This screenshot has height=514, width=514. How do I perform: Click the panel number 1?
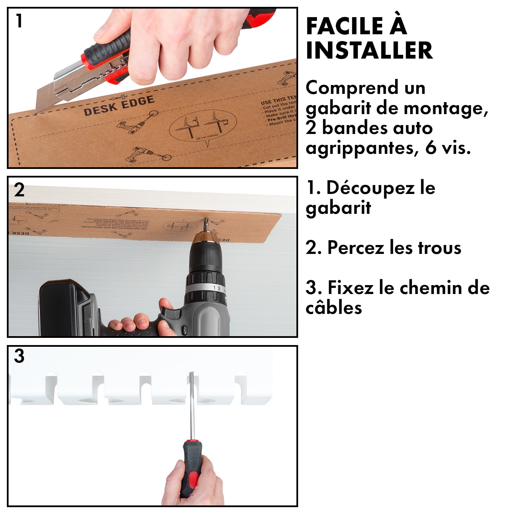[19, 21]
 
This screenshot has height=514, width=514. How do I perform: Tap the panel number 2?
[19, 190]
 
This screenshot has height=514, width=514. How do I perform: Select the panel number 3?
[19, 356]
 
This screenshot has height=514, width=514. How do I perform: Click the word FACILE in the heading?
[344, 26]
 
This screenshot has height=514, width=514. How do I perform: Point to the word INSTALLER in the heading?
[369, 50]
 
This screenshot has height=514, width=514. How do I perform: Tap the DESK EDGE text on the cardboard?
[119, 106]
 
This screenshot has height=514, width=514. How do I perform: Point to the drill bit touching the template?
[206, 224]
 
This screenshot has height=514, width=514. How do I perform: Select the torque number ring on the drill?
[206, 288]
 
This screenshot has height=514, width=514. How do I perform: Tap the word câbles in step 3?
[333, 308]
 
